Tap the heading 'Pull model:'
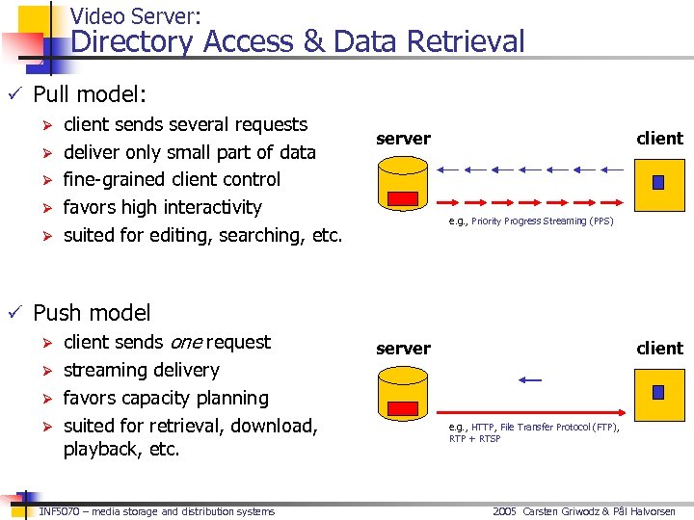90,94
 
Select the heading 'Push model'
92,313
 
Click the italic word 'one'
186,342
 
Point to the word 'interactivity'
212,207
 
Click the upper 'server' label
403,139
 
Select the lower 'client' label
659,349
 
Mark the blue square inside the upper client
658,182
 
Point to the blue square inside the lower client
658,392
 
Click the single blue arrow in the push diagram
529,380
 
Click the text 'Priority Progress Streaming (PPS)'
543,221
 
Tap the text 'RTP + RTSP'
475,439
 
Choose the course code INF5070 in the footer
58,511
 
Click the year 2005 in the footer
505,511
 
